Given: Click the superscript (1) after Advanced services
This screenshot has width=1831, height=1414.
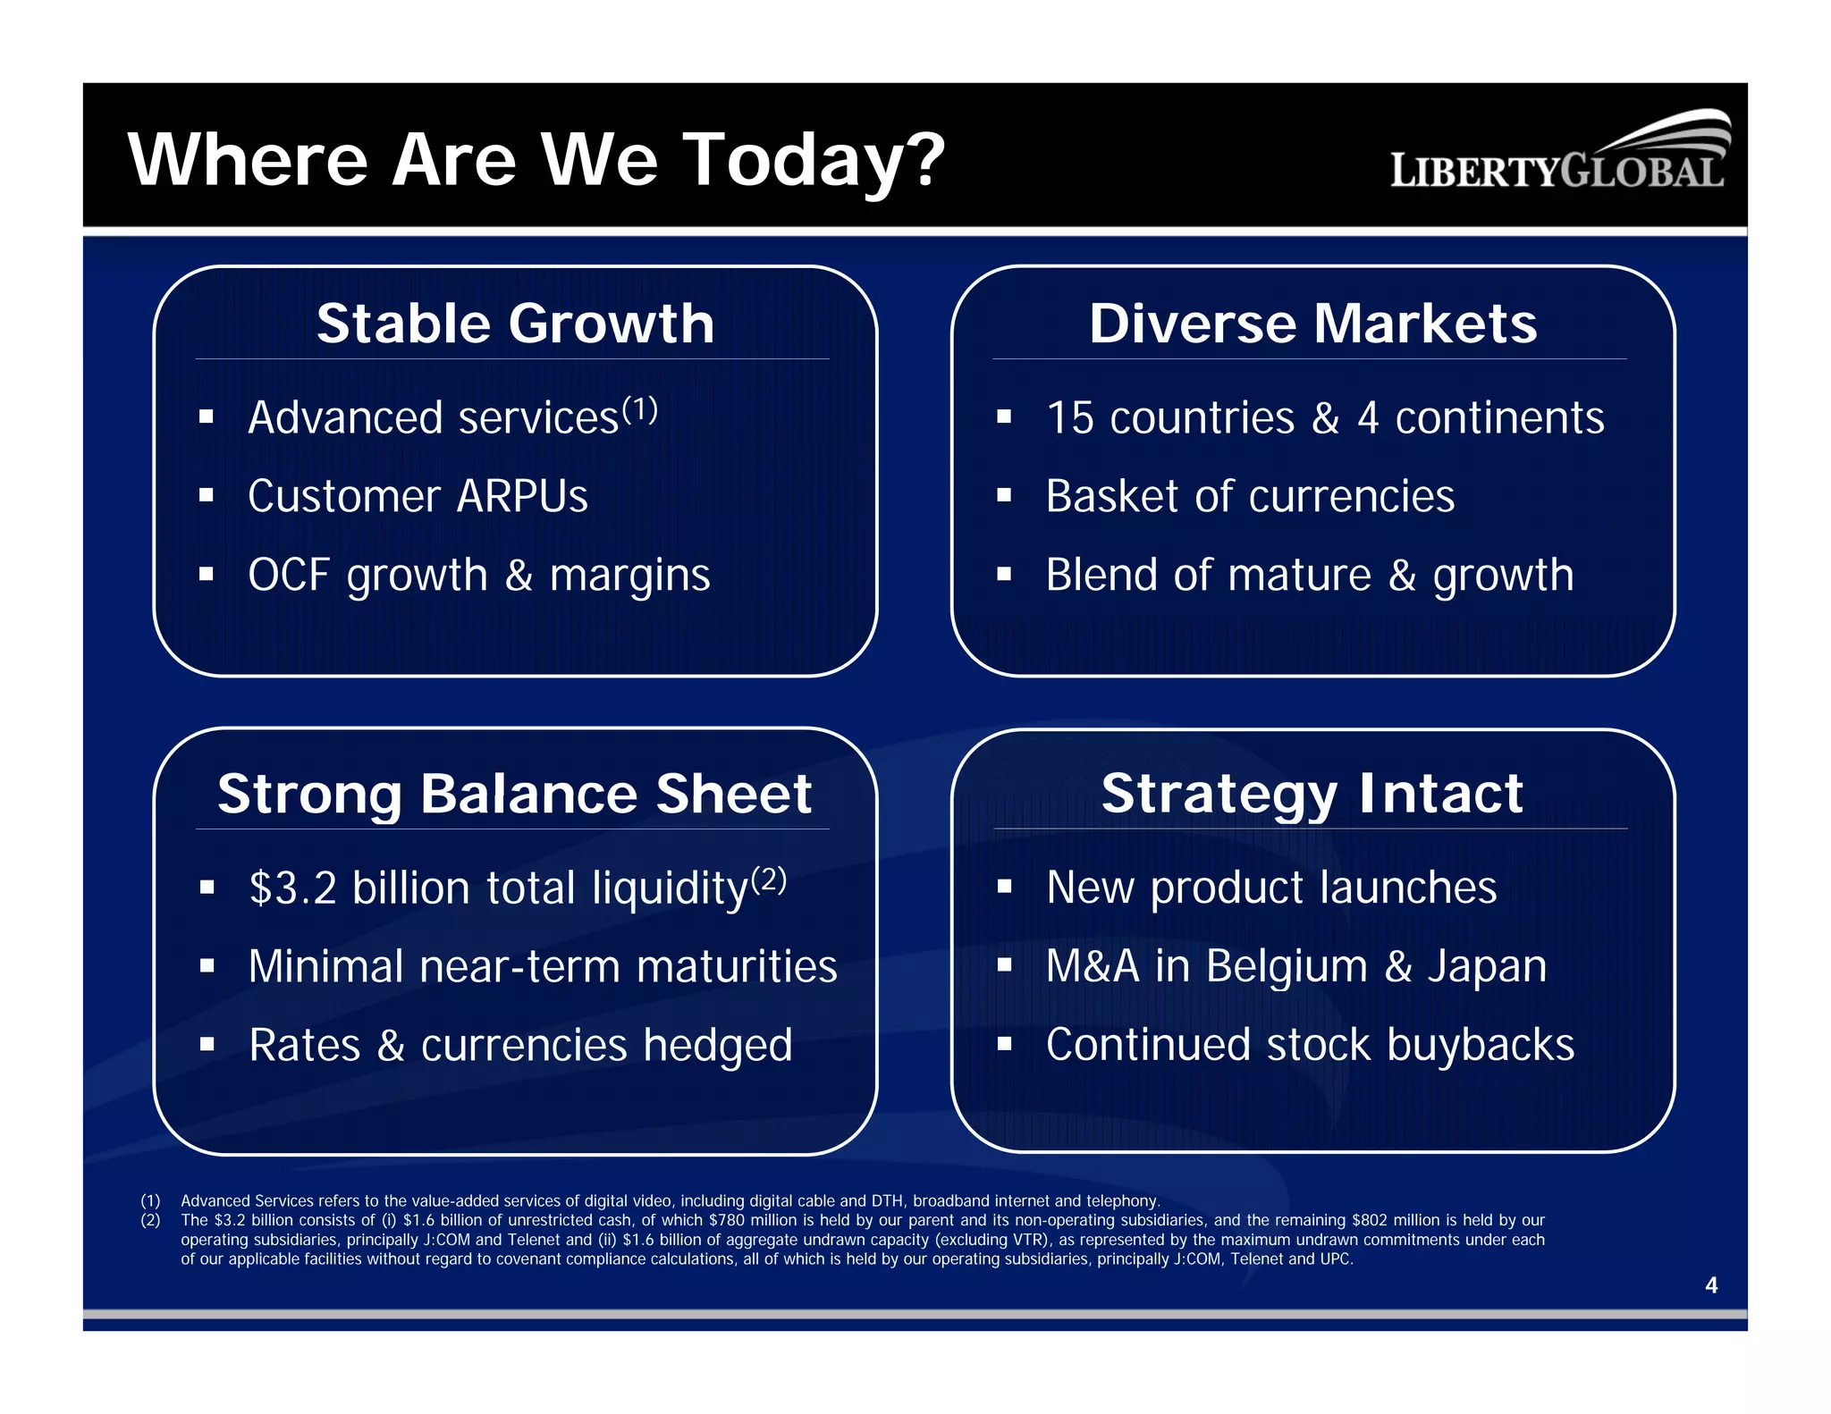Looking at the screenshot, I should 640,410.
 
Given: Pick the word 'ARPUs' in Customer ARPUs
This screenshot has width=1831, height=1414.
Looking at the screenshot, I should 522,497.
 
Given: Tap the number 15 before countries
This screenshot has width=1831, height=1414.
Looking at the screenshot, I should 1070,418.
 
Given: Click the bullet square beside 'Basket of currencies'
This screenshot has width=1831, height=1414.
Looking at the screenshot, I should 1004,495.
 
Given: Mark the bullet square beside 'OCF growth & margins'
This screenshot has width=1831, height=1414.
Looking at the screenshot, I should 207,574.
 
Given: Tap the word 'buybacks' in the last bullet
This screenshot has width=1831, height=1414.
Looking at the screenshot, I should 1481,1045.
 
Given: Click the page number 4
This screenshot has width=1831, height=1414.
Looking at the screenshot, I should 1711,1285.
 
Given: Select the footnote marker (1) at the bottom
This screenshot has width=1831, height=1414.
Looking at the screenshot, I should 150,1201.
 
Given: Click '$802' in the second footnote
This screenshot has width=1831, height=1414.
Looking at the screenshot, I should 1369,1220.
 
